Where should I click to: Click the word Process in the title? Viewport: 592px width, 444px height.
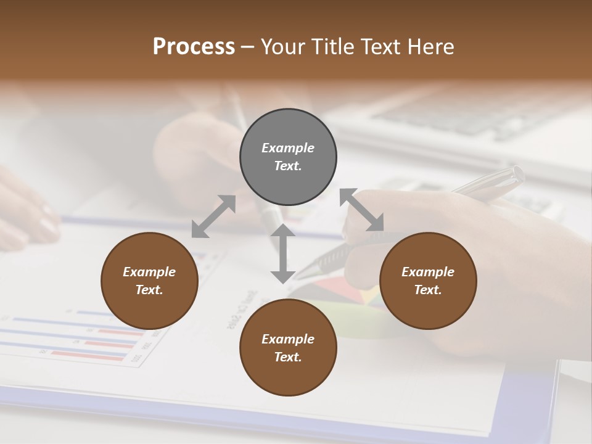pos(194,47)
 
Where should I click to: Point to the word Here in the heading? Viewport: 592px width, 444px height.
pos(430,47)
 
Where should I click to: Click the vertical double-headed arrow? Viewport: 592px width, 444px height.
pos(282,253)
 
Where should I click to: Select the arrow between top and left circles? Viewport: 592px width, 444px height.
pos(213,216)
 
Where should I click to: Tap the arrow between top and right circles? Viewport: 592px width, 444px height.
pos(362,210)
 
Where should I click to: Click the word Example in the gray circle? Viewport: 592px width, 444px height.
pos(288,148)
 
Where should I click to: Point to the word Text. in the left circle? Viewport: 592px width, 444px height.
pos(149,290)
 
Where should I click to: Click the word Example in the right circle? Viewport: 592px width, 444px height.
pos(428,272)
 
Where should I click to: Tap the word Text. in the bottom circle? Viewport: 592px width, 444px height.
pos(288,357)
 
